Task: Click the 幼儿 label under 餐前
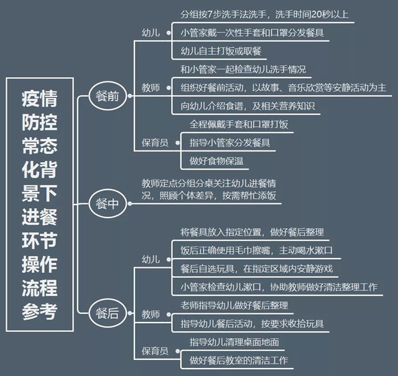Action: tap(150, 33)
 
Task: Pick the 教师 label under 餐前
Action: tap(150, 88)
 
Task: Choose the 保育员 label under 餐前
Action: tap(155, 142)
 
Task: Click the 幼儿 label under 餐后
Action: tap(150, 259)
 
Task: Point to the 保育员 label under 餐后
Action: tap(155, 351)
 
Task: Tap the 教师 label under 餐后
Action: tap(150, 314)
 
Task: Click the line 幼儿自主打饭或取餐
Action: tap(221, 51)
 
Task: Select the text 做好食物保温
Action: tap(216, 161)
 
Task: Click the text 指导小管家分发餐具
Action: tap(229, 142)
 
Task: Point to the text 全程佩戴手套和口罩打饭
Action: tap(239, 124)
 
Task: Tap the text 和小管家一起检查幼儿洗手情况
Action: tap(243, 69)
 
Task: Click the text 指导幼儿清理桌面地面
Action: tap(234, 342)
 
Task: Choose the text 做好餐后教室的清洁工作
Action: tap(239, 360)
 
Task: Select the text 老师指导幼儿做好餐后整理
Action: tap(234, 305)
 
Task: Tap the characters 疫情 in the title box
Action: tap(40, 98)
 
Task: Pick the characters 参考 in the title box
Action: tap(40, 311)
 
